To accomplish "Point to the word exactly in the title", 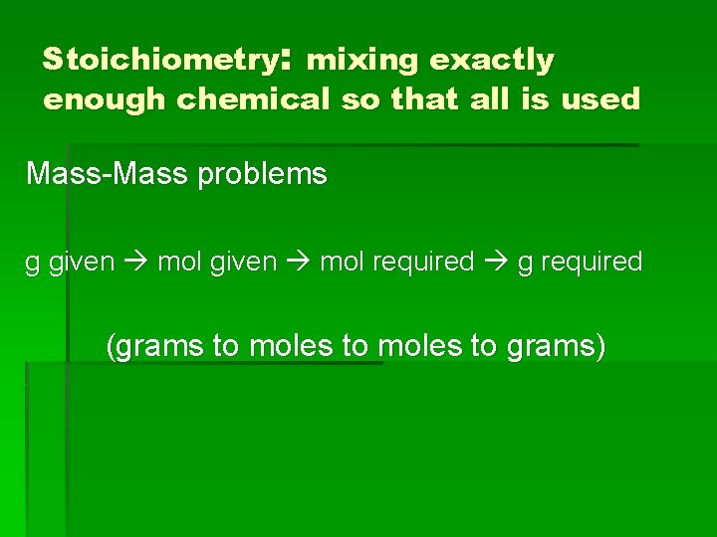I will click(491, 62).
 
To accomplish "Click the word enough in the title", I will click(105, 100).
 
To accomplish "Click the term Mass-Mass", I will click(107, 174).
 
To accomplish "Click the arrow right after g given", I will click(136, 263).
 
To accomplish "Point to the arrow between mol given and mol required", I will click(298, 263).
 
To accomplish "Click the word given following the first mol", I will click(243, 263).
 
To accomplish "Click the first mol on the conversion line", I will click(179, 263).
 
